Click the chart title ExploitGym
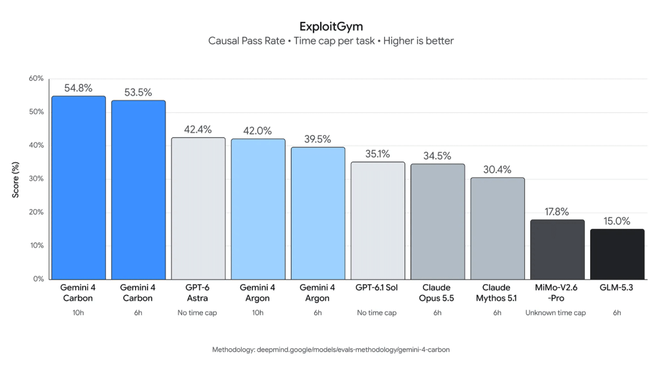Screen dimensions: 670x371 coord(331,27)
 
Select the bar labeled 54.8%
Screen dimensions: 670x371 coord(79,188)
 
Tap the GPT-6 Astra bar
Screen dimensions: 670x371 coord(198,208)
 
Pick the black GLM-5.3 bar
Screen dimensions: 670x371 coord(618,254)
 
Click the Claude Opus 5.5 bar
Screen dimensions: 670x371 coord(438,222)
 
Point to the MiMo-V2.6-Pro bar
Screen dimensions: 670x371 coord(558,250)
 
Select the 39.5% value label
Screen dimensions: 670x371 coord(318,139)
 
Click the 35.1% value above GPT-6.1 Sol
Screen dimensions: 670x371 coord(377,154)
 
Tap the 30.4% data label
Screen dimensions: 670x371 coord(497,169)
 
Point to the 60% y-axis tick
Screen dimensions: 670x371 coord(36,78)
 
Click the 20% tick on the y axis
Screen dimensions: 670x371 coord(36,212)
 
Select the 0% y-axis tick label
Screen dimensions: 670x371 coord(39,279)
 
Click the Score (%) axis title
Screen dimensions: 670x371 coord(16,180)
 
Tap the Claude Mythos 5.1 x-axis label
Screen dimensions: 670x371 coord(496,293)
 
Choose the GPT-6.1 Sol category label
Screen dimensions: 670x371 coord(377,288)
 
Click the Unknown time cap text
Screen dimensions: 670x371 coord(556,313)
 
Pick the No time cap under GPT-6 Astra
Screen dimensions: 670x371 coord(197,313)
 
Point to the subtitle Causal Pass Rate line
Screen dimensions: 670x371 coord(331,41)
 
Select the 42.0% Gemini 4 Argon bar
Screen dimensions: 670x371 coord(258,209)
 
